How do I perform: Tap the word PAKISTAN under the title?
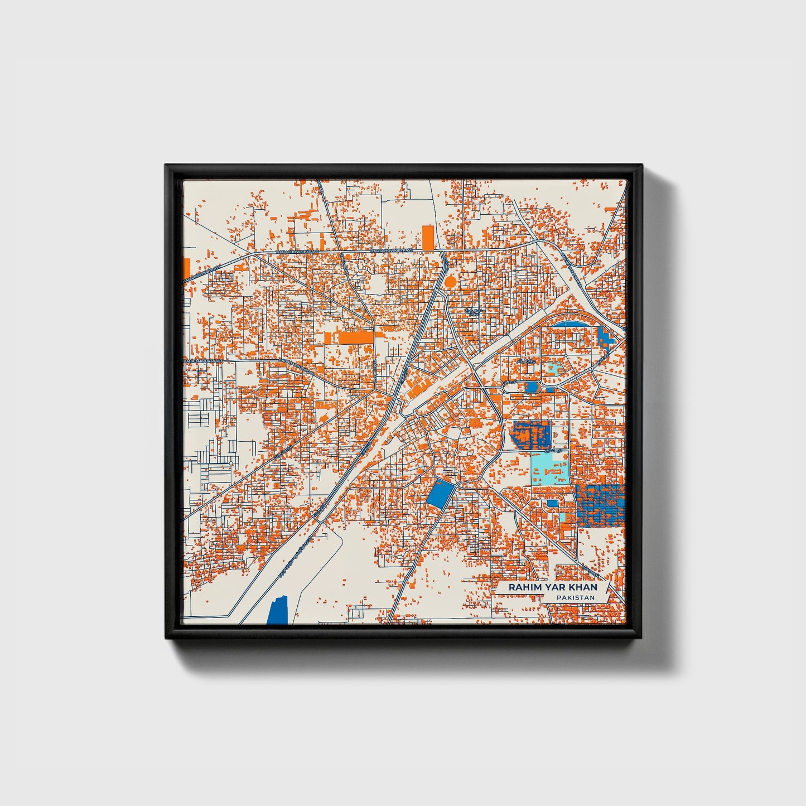575,597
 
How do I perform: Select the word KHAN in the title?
583,587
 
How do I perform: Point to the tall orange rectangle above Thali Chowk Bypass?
427,238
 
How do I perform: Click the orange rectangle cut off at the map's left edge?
186,266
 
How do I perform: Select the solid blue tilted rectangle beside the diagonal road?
440,493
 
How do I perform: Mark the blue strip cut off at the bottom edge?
278,611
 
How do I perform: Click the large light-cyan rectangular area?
549,469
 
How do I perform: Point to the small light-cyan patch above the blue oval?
553,368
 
